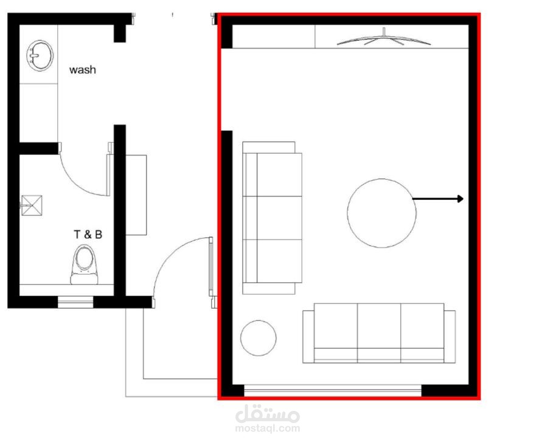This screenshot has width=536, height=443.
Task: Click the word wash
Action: click(x=82, y=70)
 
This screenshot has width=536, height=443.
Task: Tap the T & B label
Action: click(x=88, y=235)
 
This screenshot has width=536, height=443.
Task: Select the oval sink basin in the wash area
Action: click(x=40, y=56)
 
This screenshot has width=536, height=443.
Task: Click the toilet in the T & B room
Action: click(x=85, y=264)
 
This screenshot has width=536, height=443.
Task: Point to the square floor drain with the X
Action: click(x=32, y=205)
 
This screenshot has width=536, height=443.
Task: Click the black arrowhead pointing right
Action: click(x=461, y=199)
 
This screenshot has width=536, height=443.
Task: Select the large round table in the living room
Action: click(x=381, y=213)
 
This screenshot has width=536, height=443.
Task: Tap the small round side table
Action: click(x=258, y=338)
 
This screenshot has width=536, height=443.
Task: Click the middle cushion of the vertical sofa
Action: click(x=279, y=218)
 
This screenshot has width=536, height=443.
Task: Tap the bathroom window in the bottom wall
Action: click(x=75, y=302)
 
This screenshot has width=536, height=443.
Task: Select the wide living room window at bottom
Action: click(x=333, y=390)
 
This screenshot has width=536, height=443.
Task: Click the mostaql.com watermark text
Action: click(x=268, y=428)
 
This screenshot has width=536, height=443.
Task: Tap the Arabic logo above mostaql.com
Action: click(x=268, y=413)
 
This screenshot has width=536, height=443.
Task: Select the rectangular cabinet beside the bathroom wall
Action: click(x=136, y=195)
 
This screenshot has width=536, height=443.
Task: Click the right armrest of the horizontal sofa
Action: click(x=450, y=337)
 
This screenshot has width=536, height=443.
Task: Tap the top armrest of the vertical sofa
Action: click(x=269, y=148)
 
